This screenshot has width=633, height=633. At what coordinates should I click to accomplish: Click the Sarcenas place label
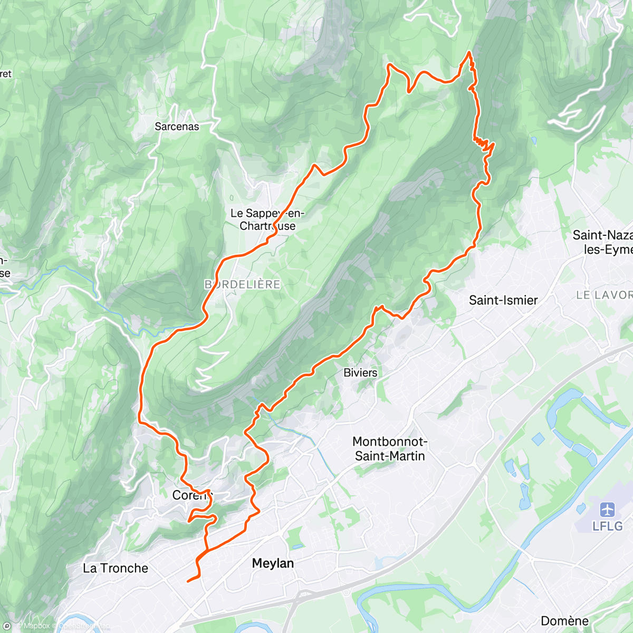coord(177,127)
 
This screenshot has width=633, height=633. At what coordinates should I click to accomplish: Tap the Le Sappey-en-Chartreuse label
coord(267,219)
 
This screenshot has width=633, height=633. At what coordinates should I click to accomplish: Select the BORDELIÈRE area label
coord(242,284)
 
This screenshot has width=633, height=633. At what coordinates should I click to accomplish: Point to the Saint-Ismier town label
coord(503,300)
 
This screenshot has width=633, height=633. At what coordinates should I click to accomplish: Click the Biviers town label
coord(360,373)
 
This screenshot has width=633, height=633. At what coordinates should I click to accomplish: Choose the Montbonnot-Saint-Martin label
coord(390,449)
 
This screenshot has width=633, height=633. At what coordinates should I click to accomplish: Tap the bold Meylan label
coord(273,563)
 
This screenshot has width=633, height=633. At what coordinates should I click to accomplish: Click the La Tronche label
coord(116,568)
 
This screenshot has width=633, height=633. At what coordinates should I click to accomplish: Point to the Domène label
coord(564,621)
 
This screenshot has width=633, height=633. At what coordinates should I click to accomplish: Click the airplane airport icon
coord(608,510)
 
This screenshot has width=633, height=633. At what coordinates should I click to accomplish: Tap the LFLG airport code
coord(607,526)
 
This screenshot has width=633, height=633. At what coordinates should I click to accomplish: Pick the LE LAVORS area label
coord(604,295)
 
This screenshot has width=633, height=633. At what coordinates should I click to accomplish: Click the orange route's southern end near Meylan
coord(188,581)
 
